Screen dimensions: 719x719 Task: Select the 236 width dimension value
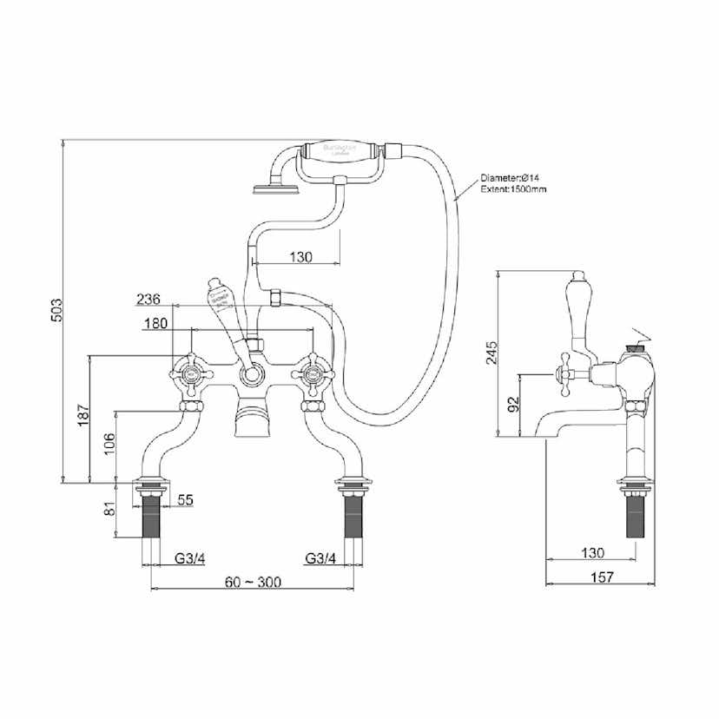pos(149,300)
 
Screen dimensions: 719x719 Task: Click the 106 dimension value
pos(109,445)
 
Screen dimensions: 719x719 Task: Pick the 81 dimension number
pos(109,508)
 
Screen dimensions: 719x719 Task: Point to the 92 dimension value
pos(514,404)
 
